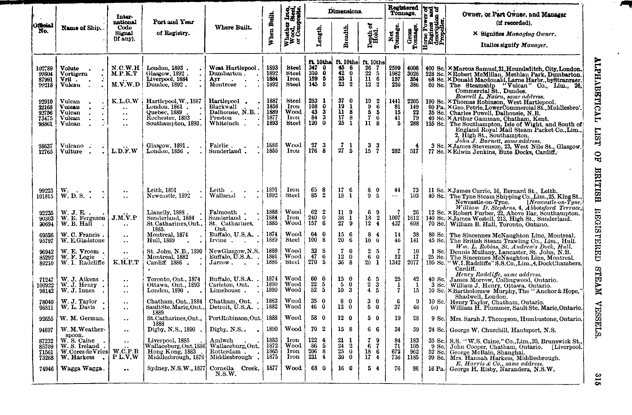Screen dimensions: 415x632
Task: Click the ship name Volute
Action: (70, 68)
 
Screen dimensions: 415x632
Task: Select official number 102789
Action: (44, 69)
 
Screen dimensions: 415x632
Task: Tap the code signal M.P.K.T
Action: (124, 74)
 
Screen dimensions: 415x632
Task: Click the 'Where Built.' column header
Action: (233, 27)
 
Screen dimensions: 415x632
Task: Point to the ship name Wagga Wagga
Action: (81, 368)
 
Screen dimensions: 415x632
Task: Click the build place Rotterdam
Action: (225, 352)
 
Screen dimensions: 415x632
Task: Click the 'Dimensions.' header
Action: (345, 11)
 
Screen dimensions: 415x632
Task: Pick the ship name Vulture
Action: (71, 152)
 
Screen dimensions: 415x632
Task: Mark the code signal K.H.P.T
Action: (126, 263)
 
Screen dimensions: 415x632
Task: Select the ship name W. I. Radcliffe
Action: (83, 263)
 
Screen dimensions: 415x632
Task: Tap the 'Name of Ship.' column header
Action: (81, 28)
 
